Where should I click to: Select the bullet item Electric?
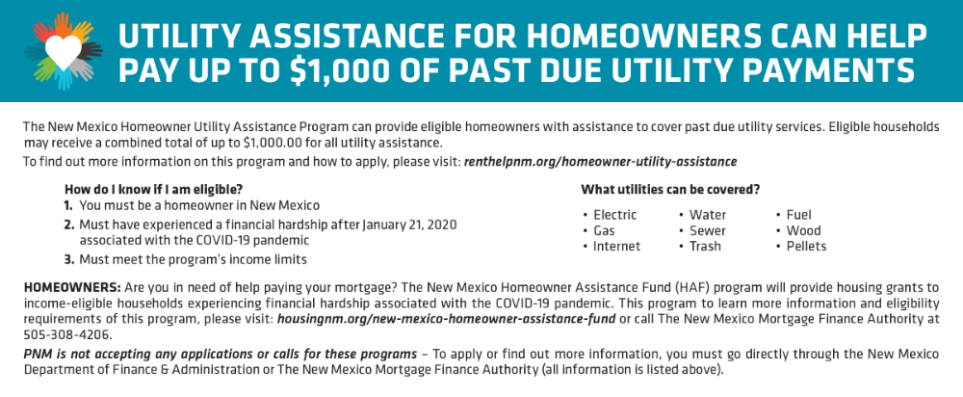pyautogui.click(x=614, y=215)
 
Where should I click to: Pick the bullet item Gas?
pyautogui.click(x=605, y=231)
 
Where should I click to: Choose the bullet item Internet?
pyautogui.click(x=616, y=247)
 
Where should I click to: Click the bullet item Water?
pyautogui.click(x=708, y=215)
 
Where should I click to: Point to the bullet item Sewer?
pyautogui.click(x=708, y=231)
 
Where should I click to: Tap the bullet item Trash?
pyautogui.click(x=705, y=247)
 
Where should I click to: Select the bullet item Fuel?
pyautogui.click(x=798, y=215)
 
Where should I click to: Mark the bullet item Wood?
pyautogui.click(x=803, y=231)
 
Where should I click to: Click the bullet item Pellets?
pyautogui.click(x=806, y=247)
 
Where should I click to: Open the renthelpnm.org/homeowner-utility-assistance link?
pyautogui.click(x=601, y=163)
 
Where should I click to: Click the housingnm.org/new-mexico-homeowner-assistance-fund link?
pyautogui.click(x=447, y=320)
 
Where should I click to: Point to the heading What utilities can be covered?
pyautogui.click(x=670, y=190)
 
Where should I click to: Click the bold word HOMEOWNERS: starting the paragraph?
pyautogui.click(x=72, y=287)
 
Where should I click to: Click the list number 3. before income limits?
pyautogui.click(x=69, y=259)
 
